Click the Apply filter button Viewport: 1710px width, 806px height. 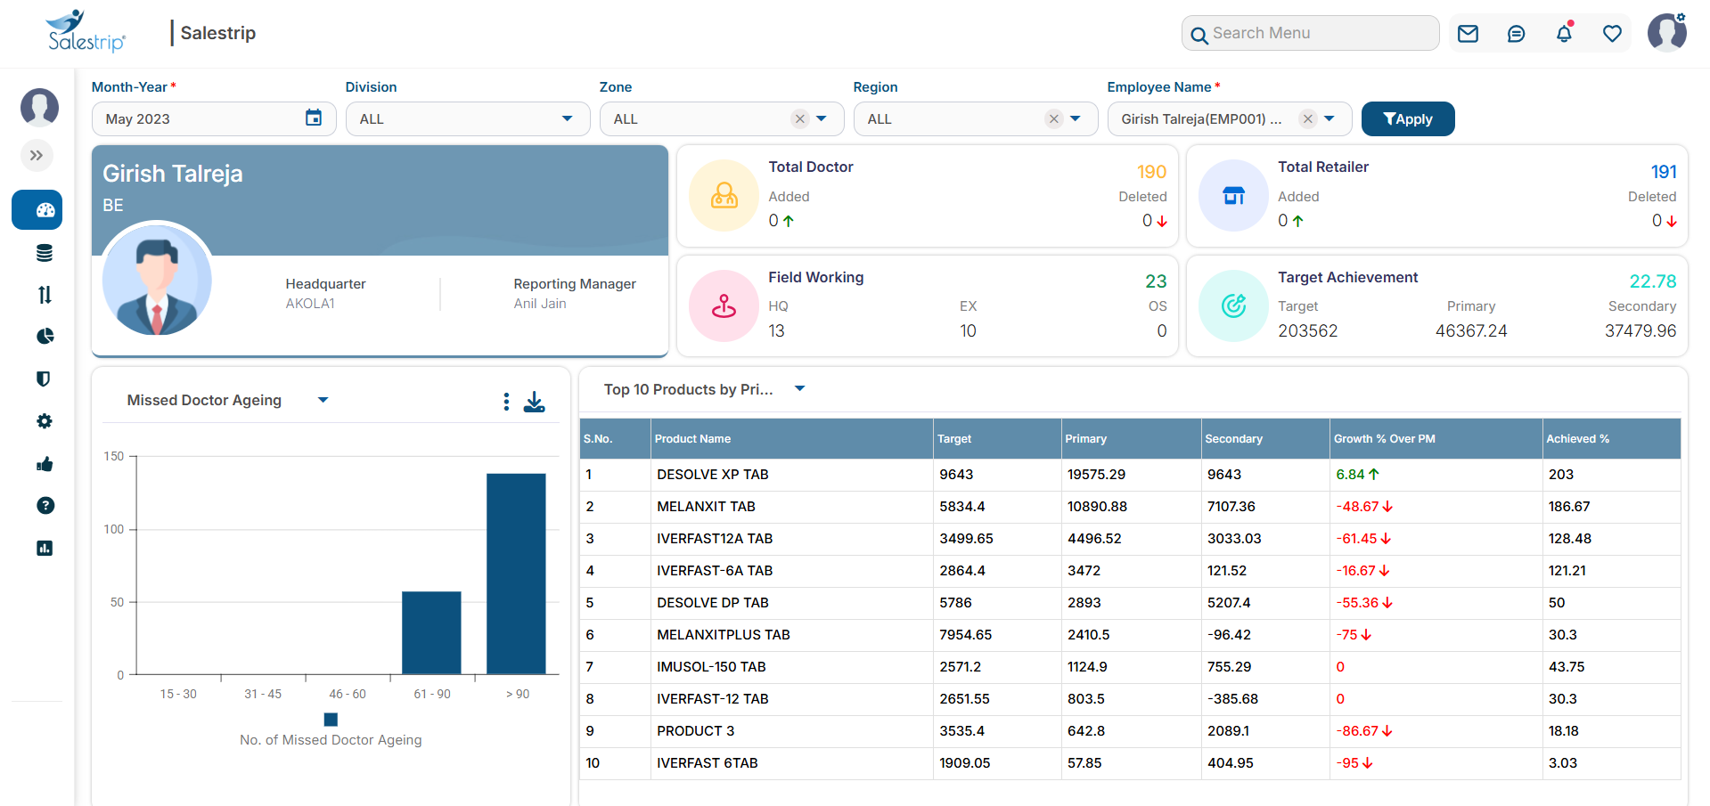point(1407,119)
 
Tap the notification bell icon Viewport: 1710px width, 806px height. point(1564,34)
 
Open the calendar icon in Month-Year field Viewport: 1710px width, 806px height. point(314,118)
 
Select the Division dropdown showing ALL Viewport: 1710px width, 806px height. point(467,119)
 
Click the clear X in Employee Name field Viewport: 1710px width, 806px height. point(1307,118)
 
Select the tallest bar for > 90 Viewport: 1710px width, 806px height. point(516,574)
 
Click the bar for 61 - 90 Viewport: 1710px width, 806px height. point(431,632)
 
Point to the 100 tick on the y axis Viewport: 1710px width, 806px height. point(114,529)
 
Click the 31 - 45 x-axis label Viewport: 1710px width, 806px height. point(263,694)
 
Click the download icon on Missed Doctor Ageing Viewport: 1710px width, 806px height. point(535,402)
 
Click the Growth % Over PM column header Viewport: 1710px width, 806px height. point(1384,439)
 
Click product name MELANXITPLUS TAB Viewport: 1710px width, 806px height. point(723,635)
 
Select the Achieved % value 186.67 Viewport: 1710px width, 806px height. point(1568,507)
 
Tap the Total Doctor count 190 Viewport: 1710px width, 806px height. point(1151,172)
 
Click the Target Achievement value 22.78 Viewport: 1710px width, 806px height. point(1652,281)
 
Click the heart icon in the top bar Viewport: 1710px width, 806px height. point(1612,34)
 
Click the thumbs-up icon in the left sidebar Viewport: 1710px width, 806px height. point(45,464)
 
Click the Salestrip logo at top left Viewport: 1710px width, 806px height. point(86,32)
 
